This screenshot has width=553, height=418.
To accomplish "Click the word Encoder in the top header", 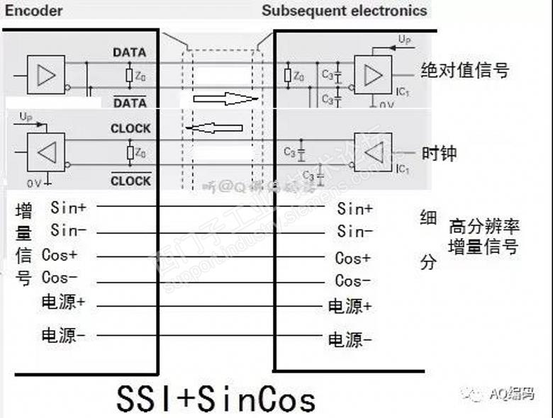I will pos(34,11).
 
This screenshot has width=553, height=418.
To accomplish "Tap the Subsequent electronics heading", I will pos(345,11).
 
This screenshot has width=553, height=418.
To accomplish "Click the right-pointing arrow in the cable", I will pos(226,98).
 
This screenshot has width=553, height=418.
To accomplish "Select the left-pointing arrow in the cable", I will pos(213,128).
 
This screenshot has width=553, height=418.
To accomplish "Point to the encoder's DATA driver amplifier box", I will pos(45,74).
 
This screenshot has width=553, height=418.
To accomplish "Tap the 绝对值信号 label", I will pos(464,70).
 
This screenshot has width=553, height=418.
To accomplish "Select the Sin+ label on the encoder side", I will pos(68,208).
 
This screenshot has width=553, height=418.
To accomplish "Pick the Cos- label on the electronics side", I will pos(352,281).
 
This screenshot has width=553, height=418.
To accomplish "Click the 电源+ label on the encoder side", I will pos(63,302).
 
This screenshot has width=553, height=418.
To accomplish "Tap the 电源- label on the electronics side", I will pos(350,339).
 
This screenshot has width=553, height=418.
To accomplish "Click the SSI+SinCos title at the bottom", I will pos(216,399).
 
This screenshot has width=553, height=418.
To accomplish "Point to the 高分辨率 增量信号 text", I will pos(484,237).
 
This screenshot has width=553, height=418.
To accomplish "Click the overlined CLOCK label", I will pos(130,181).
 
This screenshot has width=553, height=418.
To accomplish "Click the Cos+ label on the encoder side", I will pos(60,255).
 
